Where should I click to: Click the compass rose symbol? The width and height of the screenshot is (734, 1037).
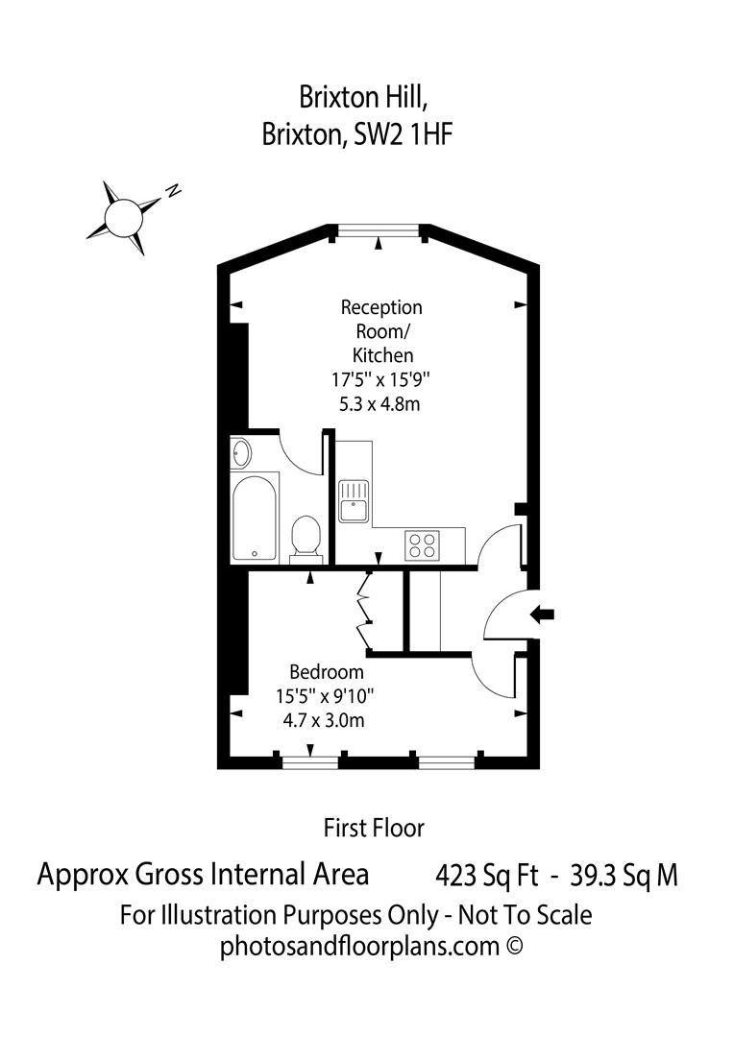[122, 214]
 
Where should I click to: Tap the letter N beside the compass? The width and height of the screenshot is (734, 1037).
[173, 190]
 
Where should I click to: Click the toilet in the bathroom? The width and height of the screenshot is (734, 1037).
[306, 535]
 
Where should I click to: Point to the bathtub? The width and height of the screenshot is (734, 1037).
[255, 517]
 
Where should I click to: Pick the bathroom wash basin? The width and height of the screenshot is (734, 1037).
[241, 453]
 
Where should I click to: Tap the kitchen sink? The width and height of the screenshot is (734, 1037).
[354, 499]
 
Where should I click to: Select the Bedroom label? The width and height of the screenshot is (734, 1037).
[327, 672]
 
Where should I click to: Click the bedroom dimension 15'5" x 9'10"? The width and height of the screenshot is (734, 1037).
[327, 695]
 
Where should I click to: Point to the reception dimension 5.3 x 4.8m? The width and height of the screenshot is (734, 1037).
[380, 404]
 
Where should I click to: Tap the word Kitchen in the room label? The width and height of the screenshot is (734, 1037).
[381, 355]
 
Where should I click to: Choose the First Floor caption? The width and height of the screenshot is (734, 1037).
[374, 827]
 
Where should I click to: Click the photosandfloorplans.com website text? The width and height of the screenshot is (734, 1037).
[359, 946]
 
